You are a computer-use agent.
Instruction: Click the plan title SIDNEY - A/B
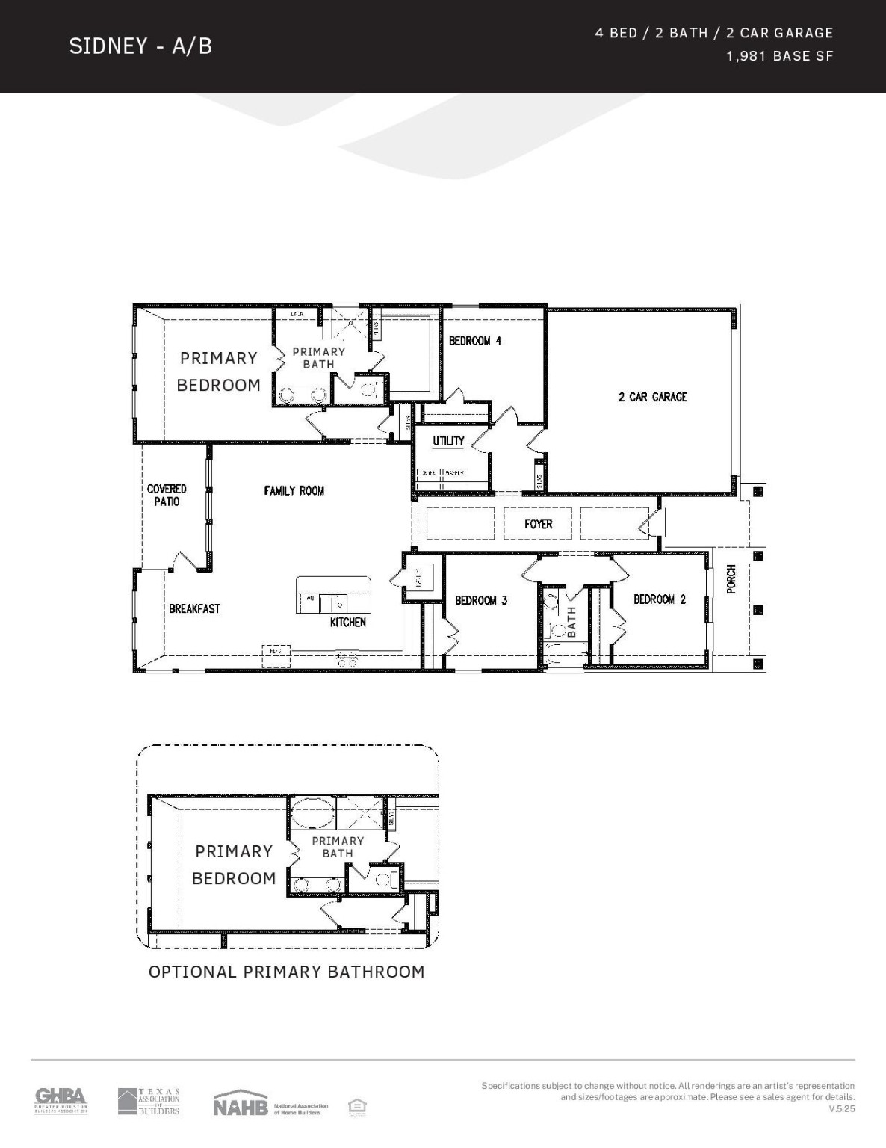(x=140, y=46)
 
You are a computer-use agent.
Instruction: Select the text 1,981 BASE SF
(x=779, y=56)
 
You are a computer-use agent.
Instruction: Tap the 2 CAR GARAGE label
(x=652, y=397)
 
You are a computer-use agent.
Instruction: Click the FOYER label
(x=538, y=524)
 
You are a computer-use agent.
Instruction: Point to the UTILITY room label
(x=448, y=441)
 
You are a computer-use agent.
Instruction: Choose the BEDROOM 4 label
(x=474, y=341)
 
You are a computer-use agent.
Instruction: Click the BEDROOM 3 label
(x=481, y=600)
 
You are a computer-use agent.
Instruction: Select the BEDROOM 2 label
(x=659, y=599)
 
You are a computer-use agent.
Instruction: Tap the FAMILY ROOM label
(x=294, y=490)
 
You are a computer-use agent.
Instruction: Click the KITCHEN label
(x=348, y=622)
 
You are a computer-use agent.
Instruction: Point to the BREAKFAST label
(x=194, y=608)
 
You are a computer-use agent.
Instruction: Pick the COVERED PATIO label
(x=167, y=495)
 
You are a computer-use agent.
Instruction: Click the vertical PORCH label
(x=731, y=579)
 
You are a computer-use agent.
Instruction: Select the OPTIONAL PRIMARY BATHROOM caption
(x=286, y=972)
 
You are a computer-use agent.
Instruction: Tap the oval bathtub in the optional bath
(x=312, y=812)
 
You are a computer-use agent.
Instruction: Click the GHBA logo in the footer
(x=61, y=1101)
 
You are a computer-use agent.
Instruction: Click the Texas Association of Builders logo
(x=149, y=1102)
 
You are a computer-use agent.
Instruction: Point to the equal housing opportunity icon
(x=357, y=1107)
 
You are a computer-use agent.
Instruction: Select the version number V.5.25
(x=841, y=1109)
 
